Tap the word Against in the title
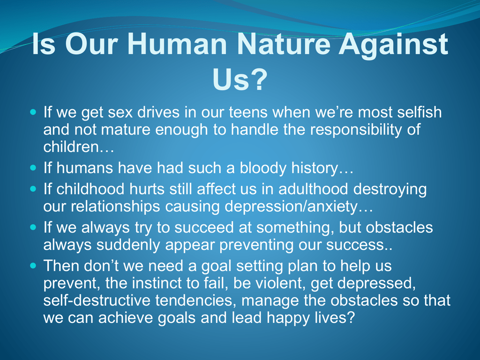click(x=393, y=45)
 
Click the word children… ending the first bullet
click(x=79, y=147)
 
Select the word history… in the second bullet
click(x=322, y=168)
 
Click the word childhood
click(x=90, y=189)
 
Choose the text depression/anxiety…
click(x=299, y=207)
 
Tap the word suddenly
click(x=128, y=245)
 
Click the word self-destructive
click(x=97, y=300)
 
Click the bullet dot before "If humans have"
click(x=33, y=168)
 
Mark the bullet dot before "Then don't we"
click(x=33, y=265)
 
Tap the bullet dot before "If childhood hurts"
click(x=33, y=189)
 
